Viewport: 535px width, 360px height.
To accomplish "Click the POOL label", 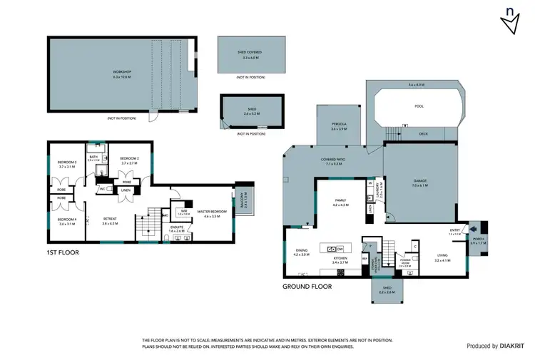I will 419,106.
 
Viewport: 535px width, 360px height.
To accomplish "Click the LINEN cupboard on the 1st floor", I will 126,190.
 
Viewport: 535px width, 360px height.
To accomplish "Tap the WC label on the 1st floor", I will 103,189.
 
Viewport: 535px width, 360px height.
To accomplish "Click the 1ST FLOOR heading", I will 63,252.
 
